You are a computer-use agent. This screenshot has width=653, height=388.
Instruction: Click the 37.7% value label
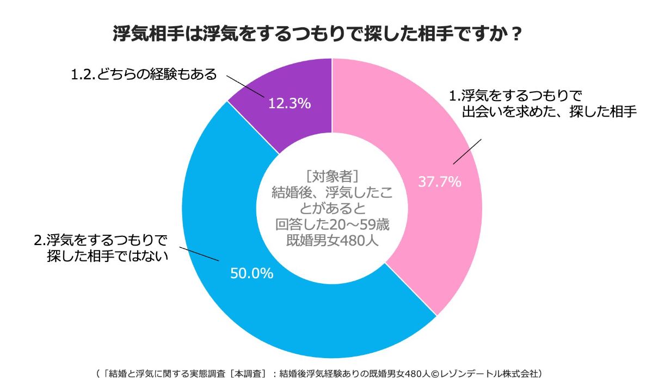pyautogui.click(x=439, y=182)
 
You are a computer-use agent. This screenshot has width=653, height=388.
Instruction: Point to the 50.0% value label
pyautogui.click(x=251, y=273)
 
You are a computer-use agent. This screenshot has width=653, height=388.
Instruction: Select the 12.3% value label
pyautogui.click(x=289, y=103)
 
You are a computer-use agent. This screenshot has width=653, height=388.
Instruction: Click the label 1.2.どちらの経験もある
pyautogui.click(x=144, y=74)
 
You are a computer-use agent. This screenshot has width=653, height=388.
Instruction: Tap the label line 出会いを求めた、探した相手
pyautogui.click(x=549, y=113)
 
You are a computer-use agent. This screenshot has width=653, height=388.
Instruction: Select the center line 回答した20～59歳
pyautogui.click(x=332, y=224)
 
